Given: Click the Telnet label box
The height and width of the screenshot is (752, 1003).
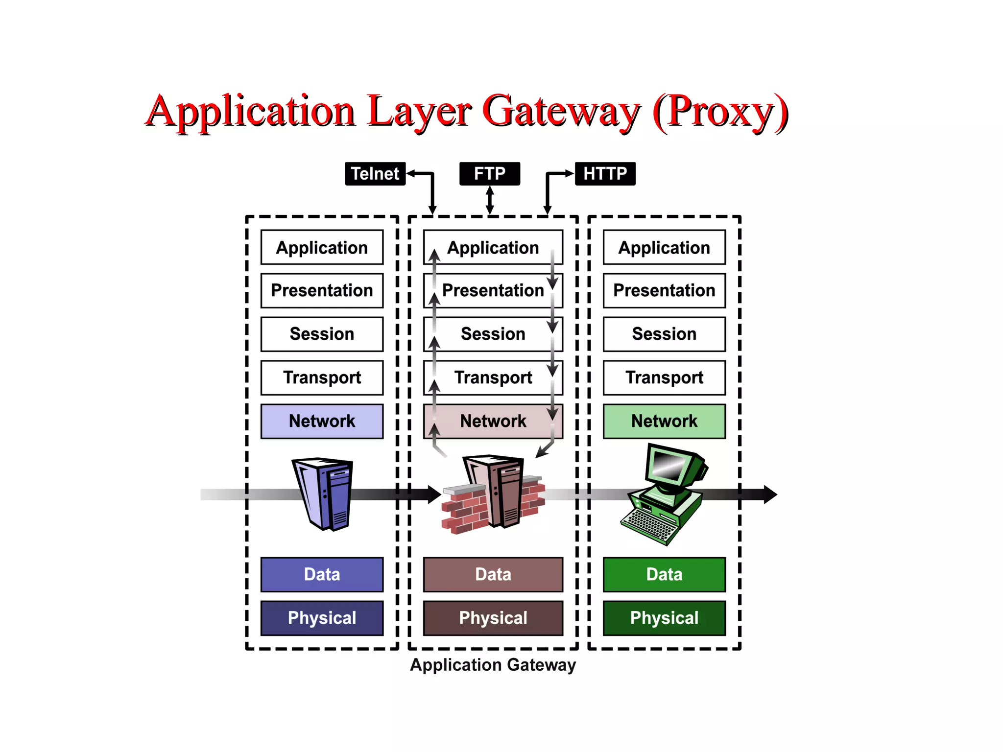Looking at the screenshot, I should click(375, 174).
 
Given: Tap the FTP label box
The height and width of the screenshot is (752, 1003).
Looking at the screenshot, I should click(489, 174).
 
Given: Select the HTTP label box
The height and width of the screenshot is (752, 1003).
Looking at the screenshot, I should click(605, 174).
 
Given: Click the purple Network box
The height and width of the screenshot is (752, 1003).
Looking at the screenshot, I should click(322, 421).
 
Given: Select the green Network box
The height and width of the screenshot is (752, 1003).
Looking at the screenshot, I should click(664, 421).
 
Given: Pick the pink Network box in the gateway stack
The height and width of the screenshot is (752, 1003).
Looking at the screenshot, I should click(493, 421).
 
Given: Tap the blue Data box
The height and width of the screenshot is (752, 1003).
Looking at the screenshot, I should click(322, 574).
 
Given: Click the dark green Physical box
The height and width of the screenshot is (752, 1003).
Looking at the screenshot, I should click(664, 618).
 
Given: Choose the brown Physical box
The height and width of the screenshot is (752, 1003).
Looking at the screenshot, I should click(493, 618).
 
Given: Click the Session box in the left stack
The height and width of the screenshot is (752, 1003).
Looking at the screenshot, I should click(322, 334).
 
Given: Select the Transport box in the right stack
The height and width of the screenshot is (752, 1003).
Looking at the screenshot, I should click(664, 377).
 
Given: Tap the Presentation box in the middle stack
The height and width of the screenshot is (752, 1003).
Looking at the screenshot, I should click(493, 290).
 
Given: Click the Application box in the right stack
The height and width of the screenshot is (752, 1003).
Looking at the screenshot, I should click(664, 247).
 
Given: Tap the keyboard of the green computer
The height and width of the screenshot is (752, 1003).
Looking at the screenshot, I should click(649, 526).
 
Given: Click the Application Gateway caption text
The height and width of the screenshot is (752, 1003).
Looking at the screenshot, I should click(493, 665).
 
